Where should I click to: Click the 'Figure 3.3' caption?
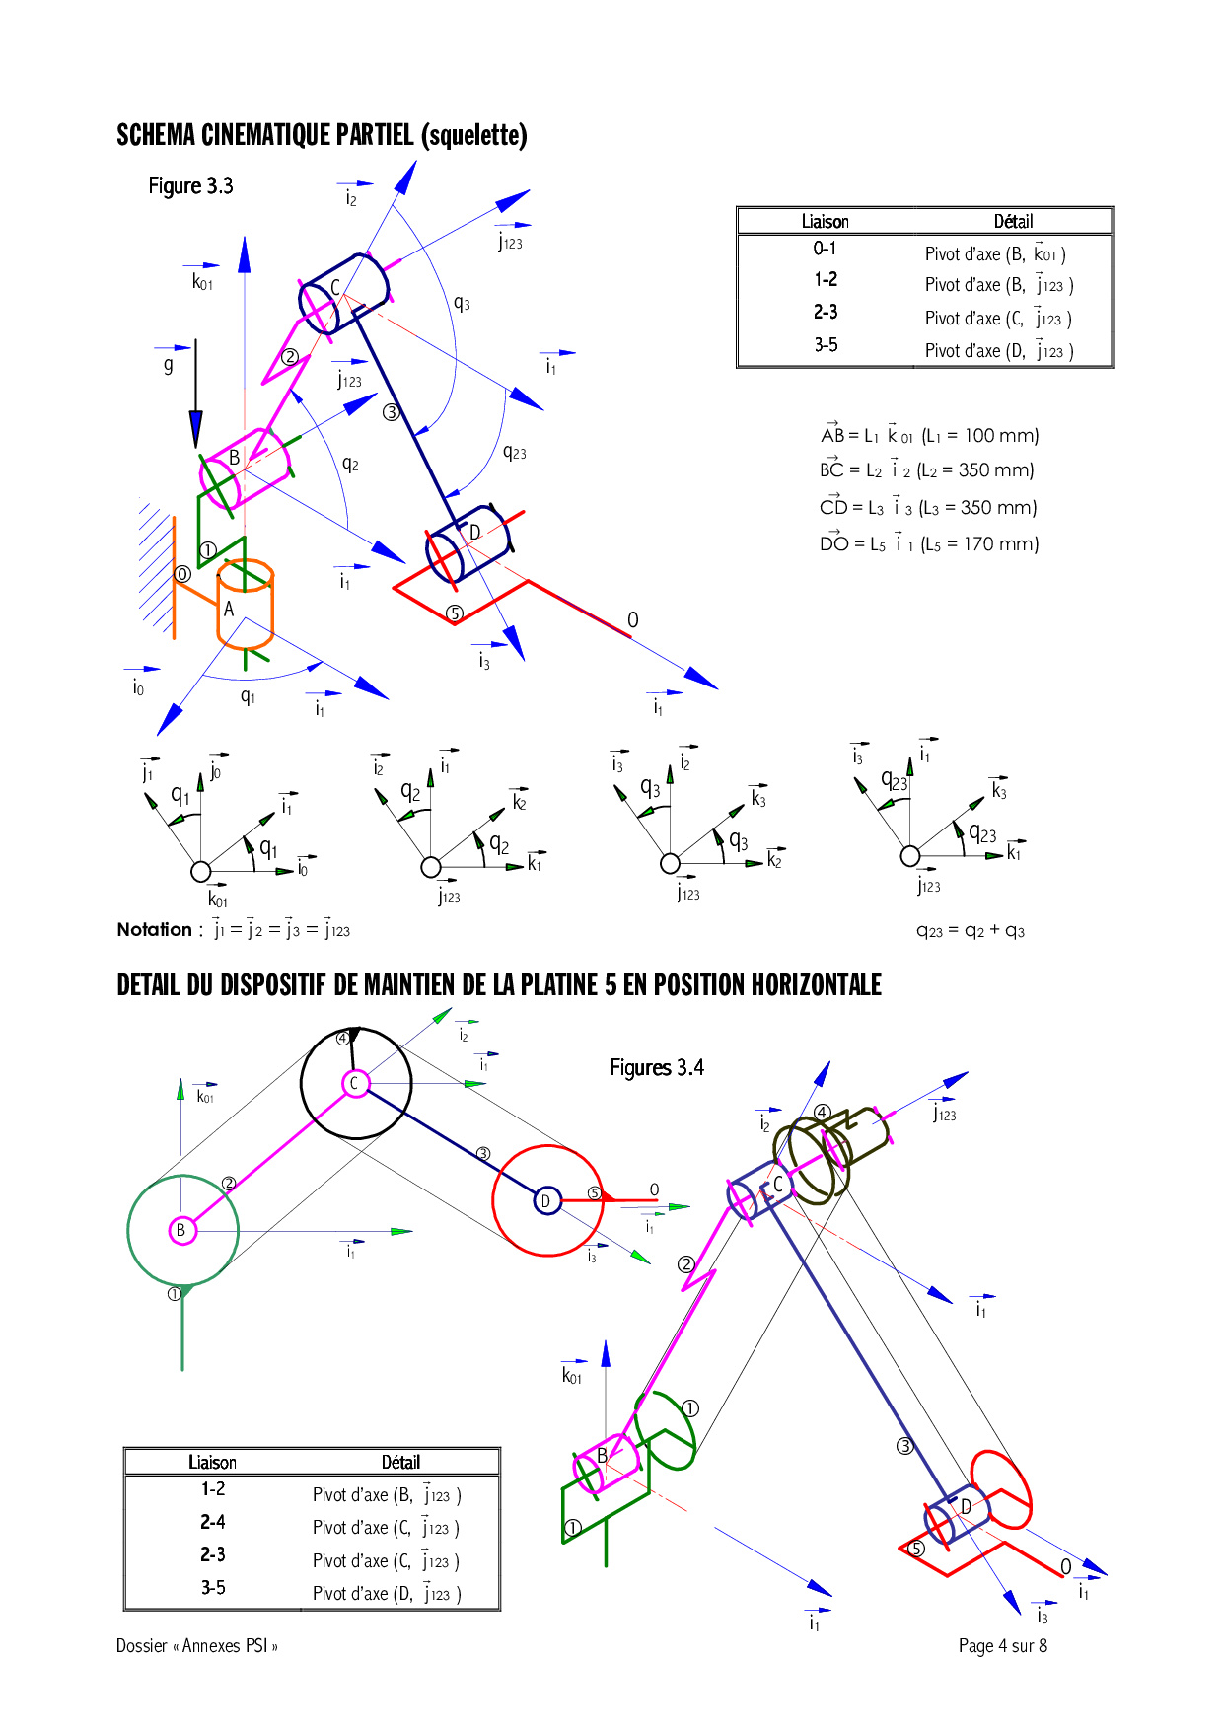(x=190, y=186)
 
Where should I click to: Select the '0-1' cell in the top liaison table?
(x=825, y=249)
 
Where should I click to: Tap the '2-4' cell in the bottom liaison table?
(x=213, y=1522)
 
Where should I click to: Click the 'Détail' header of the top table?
(x=1013, y=222)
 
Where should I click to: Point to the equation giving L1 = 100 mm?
(x=929, y=434)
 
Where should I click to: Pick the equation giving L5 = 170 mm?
(x=929, y=542)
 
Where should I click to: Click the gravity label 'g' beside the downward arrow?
(x=169, y=364)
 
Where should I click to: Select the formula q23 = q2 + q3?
(x=971, y=931)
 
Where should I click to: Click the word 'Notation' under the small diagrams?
(x=154, y=929)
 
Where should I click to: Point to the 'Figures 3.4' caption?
(x=657, y=1067)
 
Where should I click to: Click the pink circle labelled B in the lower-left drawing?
(x=181, y=1230)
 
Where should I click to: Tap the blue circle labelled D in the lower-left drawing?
(x=546, y=1200)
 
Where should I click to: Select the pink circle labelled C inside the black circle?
(x=354, y=1083)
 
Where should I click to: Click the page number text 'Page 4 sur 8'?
(x=1003, y=1645)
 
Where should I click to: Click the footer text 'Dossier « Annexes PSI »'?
(x=197, y=1645)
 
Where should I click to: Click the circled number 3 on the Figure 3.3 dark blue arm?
(x=392, y=412)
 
